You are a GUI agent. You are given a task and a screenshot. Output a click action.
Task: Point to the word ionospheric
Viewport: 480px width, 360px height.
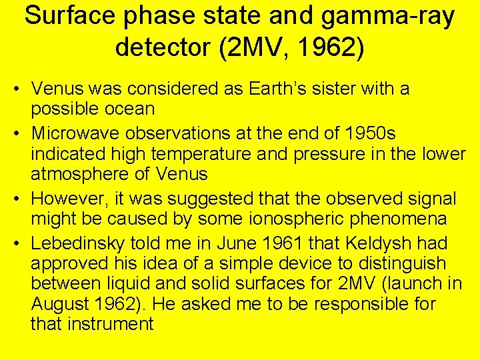click(x=275, y=219)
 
